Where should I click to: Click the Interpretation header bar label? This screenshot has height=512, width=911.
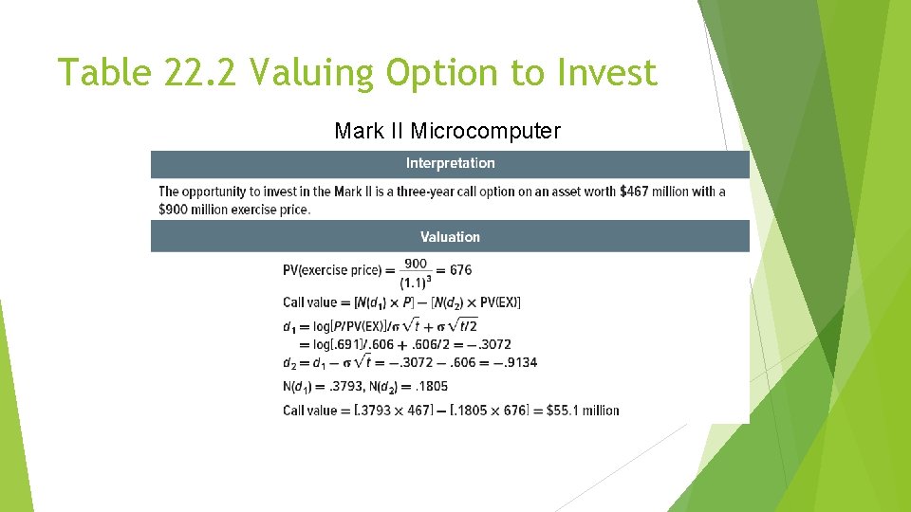click(450, 163)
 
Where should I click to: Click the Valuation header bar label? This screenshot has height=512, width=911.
click(450, 237)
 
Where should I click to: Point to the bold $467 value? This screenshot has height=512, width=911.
click(634, 192)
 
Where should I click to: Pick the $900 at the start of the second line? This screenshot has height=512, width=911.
click(173, 210)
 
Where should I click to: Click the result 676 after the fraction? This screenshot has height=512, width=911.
click(460, 270)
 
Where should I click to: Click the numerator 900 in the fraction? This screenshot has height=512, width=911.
click(416, 263)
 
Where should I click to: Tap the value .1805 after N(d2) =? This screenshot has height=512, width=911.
click(430, 386)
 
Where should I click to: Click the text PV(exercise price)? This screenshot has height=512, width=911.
click(331, 270)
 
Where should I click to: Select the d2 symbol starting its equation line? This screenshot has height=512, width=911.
click(290, 363)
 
